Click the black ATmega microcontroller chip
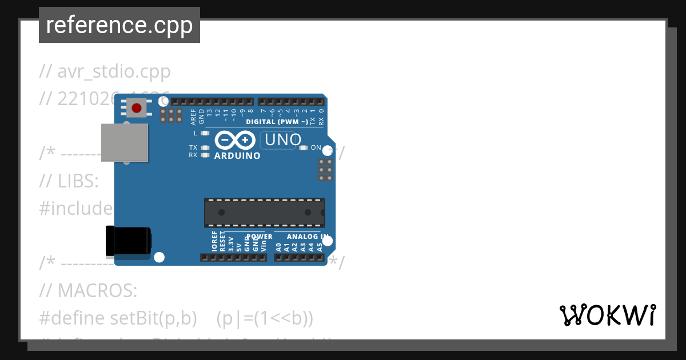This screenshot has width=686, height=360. point(265,212)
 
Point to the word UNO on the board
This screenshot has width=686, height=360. point(281,140)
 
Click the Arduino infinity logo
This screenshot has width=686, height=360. point(235,140)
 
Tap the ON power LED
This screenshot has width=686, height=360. point(304,147)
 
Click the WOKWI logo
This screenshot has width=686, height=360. point(607,314)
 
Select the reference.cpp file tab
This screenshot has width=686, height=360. point(119,25)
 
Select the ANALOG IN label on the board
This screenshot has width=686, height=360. point(308,237)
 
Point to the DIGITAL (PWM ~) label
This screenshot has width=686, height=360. point(277,122)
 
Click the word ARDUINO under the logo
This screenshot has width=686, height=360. point(237,155)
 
